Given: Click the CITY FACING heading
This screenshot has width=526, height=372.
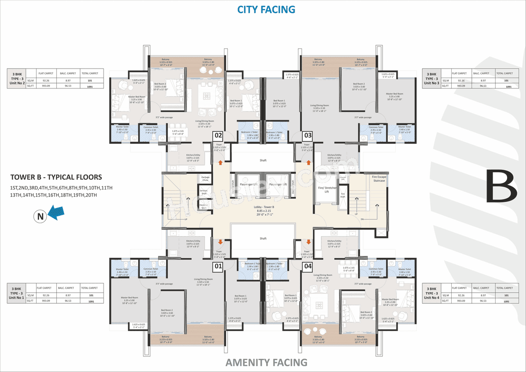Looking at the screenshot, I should coord(266,9).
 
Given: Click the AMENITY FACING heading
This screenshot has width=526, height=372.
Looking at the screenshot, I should coord(266,362).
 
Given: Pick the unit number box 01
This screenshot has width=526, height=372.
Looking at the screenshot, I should coord(218,267).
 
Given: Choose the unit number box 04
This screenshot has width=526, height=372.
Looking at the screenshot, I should coord(307,267).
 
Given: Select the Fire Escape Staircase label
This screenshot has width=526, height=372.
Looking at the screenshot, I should coord(378,178).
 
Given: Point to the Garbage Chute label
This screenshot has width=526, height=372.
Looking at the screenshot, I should coord(205,178).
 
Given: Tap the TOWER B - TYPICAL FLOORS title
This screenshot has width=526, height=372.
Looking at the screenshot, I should coord(56,177).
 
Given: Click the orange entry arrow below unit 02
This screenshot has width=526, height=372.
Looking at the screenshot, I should coord(221,163).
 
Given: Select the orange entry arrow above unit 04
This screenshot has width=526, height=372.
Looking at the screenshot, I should coord(309,242).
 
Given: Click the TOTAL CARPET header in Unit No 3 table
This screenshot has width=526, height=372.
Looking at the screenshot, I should coord(505,74).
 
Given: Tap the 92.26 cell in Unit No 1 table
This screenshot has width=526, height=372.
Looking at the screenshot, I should coord(45,295).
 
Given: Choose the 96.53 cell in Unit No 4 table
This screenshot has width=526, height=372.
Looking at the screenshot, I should coord(482,301).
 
